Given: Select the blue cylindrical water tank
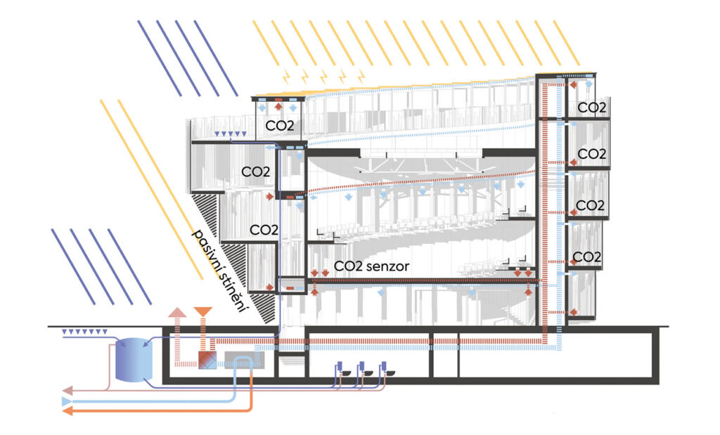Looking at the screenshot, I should [x=133, y=360].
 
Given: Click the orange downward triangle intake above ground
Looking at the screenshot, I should [x=202, y=311].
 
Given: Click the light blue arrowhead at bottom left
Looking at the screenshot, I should [x=67, y=401].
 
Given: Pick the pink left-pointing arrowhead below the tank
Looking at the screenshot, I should [x=67, y=389].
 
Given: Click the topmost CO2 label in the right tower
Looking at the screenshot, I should [x=592, y=108].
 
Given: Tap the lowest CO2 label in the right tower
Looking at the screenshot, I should [x=586, y=257].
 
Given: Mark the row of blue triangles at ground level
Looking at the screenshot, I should [x=83, y=331].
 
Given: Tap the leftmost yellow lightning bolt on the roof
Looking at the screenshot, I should [x=286, y=74].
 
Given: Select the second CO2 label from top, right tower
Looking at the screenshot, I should [x=592, y=153].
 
